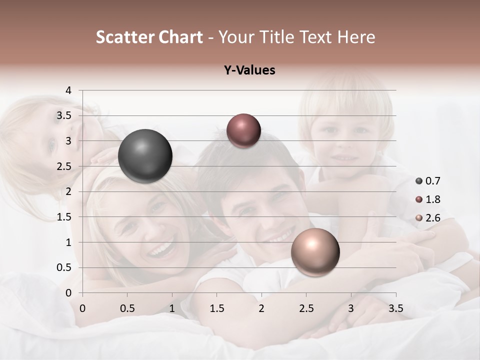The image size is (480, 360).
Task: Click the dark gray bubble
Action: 145,156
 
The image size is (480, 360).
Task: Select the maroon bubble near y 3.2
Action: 243,131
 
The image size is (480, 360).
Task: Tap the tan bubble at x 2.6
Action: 315,252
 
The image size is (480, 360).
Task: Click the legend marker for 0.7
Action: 419,181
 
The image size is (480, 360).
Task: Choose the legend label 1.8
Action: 433,199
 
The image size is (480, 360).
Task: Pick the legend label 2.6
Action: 433,218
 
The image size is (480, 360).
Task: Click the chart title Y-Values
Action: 249,70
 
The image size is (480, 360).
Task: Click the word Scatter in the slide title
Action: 124,37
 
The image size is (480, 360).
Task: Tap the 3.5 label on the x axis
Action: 395,308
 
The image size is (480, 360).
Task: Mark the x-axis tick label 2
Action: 261,308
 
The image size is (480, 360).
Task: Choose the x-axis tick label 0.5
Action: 127,308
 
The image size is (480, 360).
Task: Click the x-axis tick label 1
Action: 172,308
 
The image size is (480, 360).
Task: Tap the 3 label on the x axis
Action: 351,308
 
